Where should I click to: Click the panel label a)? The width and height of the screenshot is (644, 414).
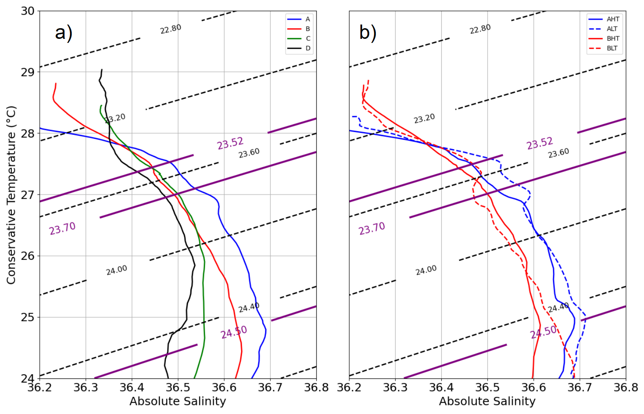(x=64, y=32)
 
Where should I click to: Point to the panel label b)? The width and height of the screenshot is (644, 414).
(x=368, y=32)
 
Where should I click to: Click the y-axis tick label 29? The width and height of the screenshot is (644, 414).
(x=28, y=72)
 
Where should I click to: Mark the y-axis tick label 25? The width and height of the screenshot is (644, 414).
(x=28, y=318)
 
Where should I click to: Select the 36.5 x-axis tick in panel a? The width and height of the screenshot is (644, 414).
(x=178, y=387)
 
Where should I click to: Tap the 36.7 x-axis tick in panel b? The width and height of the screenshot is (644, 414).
(x=580, y=387)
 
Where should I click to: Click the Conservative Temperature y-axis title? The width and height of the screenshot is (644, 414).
(x=11, y=195)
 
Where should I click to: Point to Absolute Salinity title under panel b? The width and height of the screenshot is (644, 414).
(x=487, y=402)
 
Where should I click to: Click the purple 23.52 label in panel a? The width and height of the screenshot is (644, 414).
(x=230, y=143)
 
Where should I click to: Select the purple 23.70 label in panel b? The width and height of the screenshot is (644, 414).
(x=372, y=228)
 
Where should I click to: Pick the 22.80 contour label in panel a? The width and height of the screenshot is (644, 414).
(x=170, y=29)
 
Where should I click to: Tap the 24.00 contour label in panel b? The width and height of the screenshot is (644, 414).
(x=426, y=270)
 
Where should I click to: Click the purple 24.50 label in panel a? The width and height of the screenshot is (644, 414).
(x=234, y=332)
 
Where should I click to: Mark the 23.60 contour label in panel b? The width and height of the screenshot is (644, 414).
(x=558, y=153)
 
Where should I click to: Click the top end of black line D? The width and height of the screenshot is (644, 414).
(x=102, y=70)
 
